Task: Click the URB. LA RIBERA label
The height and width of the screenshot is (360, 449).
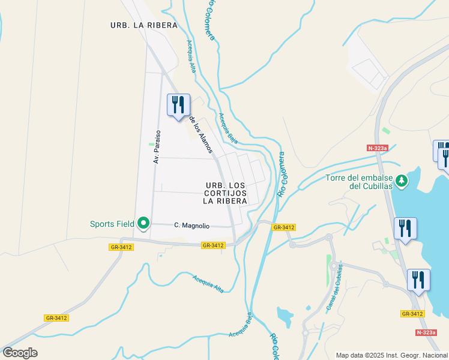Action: pos(144,25)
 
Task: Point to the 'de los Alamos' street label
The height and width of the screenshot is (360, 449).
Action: pos(201,134)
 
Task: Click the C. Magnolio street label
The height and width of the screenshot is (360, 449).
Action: pos(191,226)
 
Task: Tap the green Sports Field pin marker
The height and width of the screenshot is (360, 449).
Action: pos(143,223)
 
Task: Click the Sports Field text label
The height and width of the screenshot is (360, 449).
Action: pos(112,224)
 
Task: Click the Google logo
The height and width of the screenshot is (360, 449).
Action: pos(20,353)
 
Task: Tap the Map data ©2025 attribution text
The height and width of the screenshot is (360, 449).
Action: pos(391,355)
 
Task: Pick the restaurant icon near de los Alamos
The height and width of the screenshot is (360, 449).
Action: pos(178,105)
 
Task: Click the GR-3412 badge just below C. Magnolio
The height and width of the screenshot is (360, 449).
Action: pos(213,245)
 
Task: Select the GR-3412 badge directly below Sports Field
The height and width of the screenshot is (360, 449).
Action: pos(121,247)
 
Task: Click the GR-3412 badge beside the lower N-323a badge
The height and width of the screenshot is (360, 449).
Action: pos(412,314)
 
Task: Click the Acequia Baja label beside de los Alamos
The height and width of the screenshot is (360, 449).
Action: pos(228,128)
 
